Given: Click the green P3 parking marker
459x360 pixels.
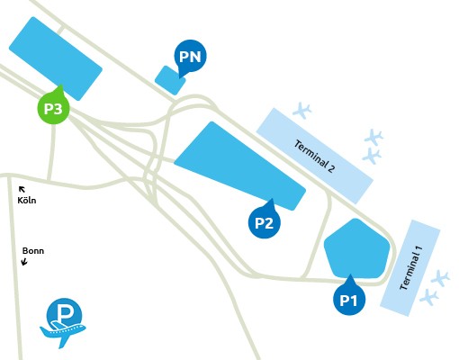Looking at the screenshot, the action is (53, 107).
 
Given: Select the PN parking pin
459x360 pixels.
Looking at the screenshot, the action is (190, 57).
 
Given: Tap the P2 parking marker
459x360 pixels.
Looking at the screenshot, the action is (265, 222).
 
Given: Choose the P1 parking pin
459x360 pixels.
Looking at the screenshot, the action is (349, 299).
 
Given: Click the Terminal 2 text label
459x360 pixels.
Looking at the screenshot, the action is (314, 156).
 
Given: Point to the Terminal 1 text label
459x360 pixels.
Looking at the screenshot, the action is (411, 268).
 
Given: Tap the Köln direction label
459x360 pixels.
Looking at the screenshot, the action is (27, 200).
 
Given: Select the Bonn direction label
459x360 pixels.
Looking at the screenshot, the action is (33, 250).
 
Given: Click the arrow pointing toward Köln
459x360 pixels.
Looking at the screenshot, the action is (22, 189).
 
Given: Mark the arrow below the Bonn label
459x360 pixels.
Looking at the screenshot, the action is (24, 262).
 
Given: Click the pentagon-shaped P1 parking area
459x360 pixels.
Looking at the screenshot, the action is (357, 248).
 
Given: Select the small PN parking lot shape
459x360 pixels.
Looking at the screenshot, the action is (170, 80).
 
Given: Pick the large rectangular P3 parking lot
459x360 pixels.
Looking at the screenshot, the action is (56, 58).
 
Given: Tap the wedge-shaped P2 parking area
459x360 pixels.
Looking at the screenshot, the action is (240, 166).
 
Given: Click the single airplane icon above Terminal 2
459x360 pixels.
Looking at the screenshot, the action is (302, 111).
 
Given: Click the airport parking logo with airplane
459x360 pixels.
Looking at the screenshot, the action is (63, 323).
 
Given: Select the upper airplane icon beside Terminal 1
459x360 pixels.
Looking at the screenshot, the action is (440, 279).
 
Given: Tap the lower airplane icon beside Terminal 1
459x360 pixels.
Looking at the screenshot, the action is (429, 297).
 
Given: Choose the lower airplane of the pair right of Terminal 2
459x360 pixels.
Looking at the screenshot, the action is (372, 156).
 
